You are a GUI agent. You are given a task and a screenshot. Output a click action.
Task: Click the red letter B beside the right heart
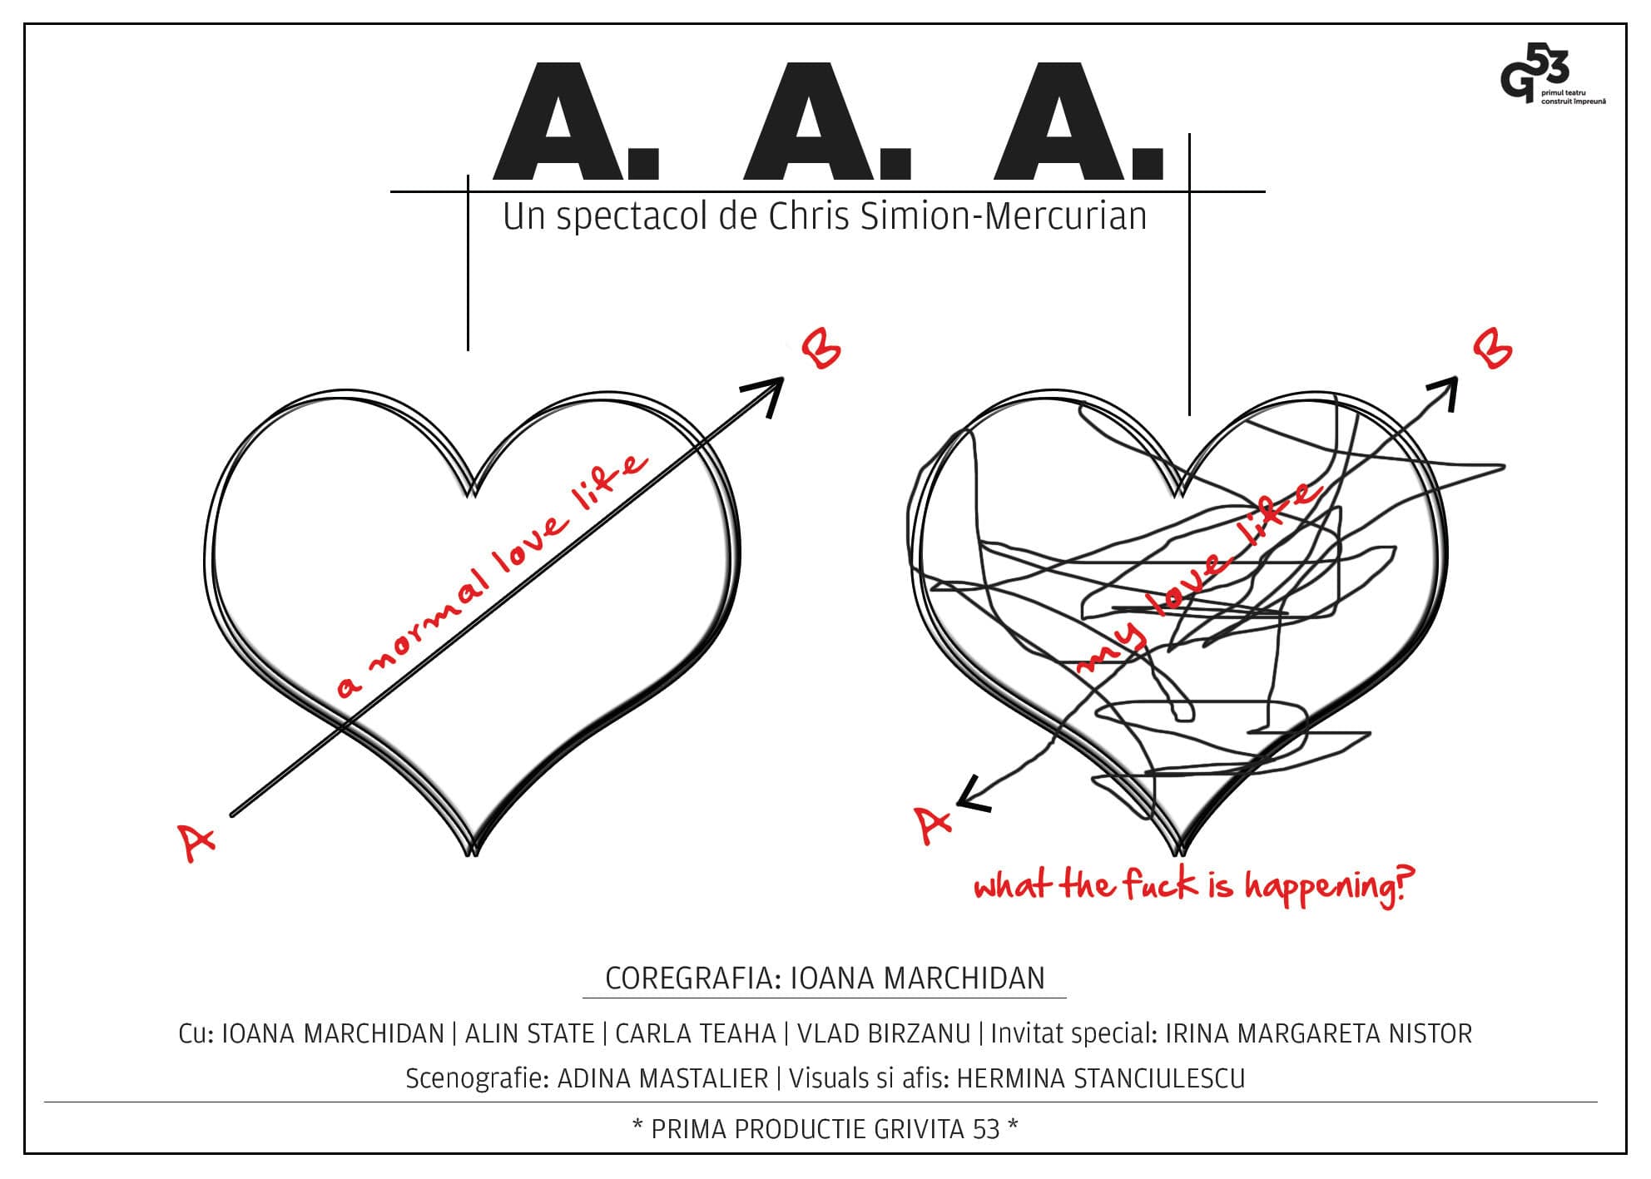1493,349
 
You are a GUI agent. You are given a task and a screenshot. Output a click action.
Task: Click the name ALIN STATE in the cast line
529,1033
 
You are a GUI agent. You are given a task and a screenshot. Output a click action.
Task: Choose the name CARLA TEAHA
696,1033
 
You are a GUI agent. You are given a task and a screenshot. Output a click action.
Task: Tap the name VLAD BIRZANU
884,1033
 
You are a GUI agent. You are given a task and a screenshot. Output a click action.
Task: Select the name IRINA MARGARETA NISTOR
1318,1033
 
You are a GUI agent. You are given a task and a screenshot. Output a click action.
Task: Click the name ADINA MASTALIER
662,1078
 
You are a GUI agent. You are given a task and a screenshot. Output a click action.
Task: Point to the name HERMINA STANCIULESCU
1101,1078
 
